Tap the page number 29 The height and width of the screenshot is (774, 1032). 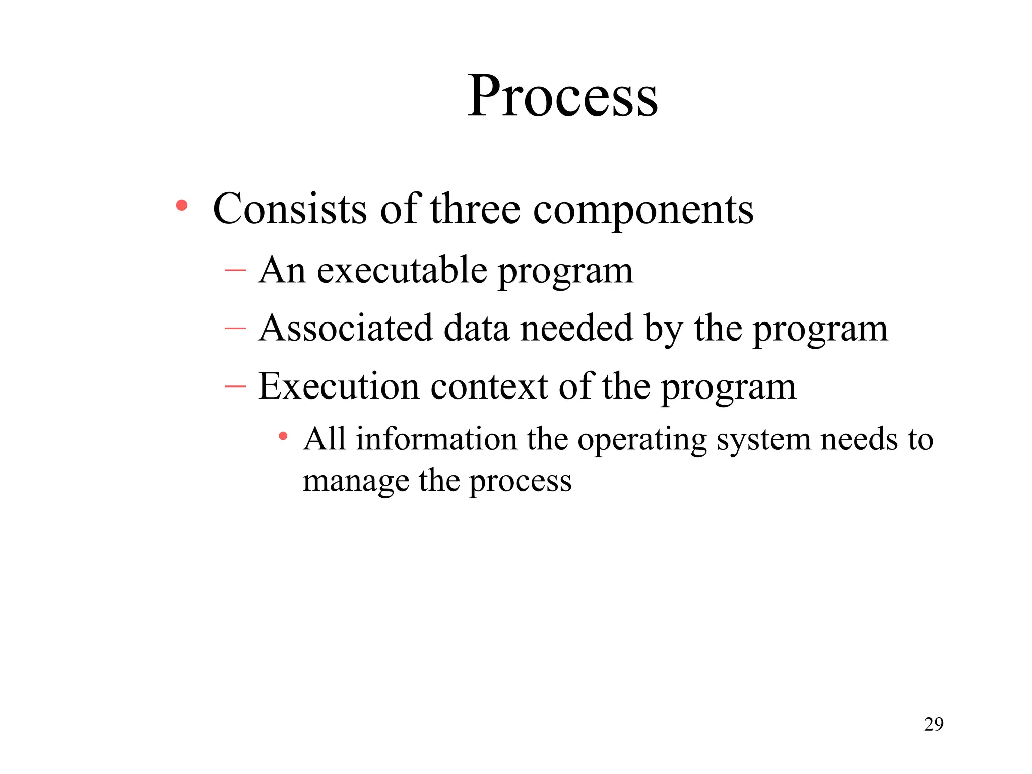tap(934, 724)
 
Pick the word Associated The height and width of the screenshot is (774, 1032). tap(346, 328)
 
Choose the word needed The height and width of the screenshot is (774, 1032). tap(576, 328)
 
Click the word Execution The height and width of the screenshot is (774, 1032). tap(339, 386)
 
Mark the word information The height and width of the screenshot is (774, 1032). tap(436, 439)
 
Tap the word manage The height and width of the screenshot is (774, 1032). tap(356, 482)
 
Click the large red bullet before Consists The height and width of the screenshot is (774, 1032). tap(182, 206)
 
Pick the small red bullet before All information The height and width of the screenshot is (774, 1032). tap(283, 436)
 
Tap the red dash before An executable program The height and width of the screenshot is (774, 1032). tap(235, 271)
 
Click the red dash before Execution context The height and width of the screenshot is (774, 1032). tap(235, 386)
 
